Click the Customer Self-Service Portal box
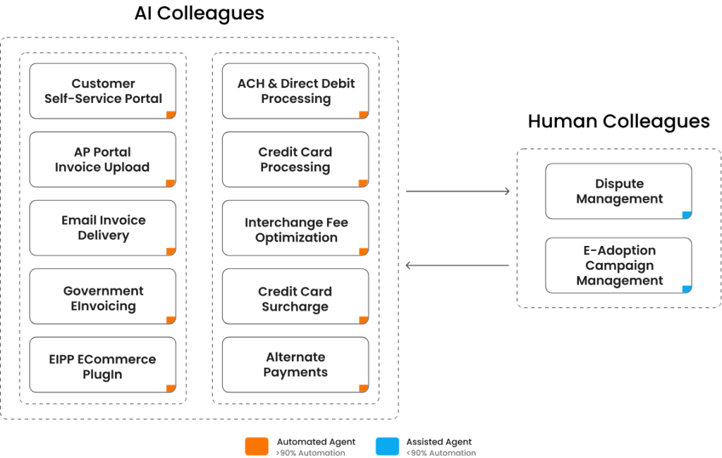pyautogui.click(x=103, y=91)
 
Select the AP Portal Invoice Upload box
pyautogui.click(x=103, y=159)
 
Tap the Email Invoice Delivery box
pyautogui.click(x=103, y=228)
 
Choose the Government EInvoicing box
pyautogui.click(x=103, y=298)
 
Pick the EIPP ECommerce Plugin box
pyautogui.click(x=103, y=366)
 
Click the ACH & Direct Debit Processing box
pyautogui.click(x=295, y=91)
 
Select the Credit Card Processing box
pyautogui.click(x=295, y=159)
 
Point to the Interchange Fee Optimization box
pyautogui.click(x=295, y=230)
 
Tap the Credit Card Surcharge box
pyautogui.click(x=295, y=298)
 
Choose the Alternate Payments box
pyautogui.click(x=295, y=365)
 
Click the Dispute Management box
pyautogui.click(x=619, y=191)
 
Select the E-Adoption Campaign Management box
pyautogui.click(x=619, y=265)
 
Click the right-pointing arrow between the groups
pyautogui.click(x=458, y=191)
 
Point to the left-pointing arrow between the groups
pyautogui.click(x=458, y=266)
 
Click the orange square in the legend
pyautogui.click(x=257, y=447)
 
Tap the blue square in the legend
pyautogui.click(x=387, y=447)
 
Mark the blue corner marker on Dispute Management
pyautogui.click(x=687, y=215)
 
